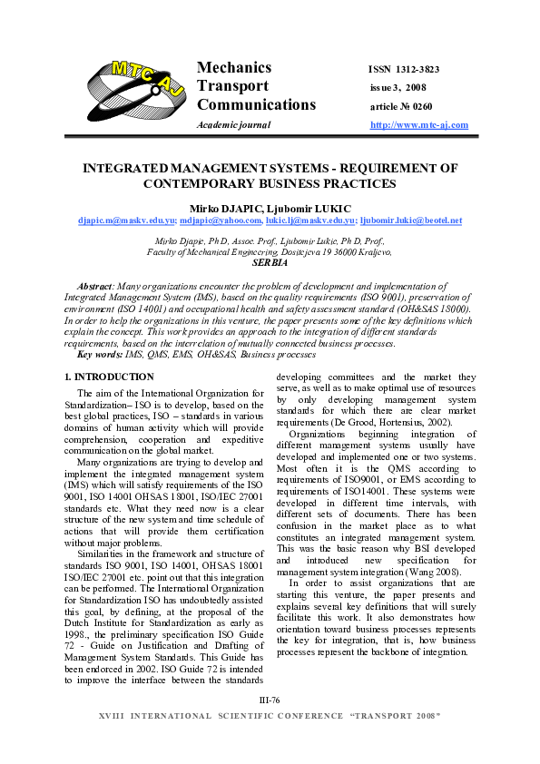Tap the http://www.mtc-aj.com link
tap(419, 124)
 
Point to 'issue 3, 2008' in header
tap(398, 87)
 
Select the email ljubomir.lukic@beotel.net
tap(411, 220)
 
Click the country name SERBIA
tap(270, 262)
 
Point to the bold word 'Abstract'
tap(95, 286)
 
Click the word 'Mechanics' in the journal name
tap(234, 68)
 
